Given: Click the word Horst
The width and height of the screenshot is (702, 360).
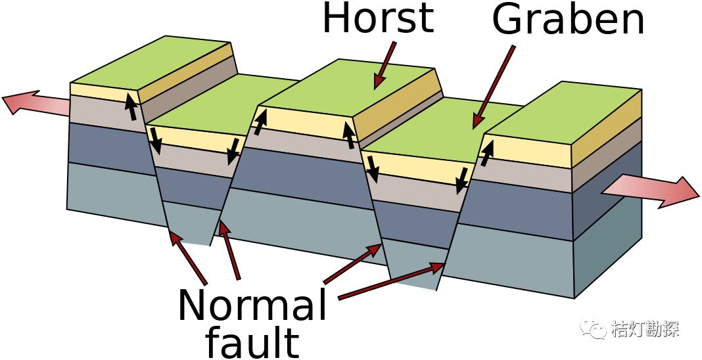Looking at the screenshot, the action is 379,18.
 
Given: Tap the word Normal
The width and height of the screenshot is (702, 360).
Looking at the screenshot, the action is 252,304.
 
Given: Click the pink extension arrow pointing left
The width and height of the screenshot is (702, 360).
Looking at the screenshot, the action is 35,104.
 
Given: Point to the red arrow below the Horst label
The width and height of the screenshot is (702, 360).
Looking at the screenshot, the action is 385,64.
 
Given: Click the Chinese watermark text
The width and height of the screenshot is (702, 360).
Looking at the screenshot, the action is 645,329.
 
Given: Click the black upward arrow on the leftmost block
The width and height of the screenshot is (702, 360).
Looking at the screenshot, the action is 131,106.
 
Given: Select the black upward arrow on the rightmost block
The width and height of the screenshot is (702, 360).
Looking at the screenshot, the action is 486,153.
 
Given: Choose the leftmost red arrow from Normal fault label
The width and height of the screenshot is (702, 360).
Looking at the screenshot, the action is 189,258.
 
